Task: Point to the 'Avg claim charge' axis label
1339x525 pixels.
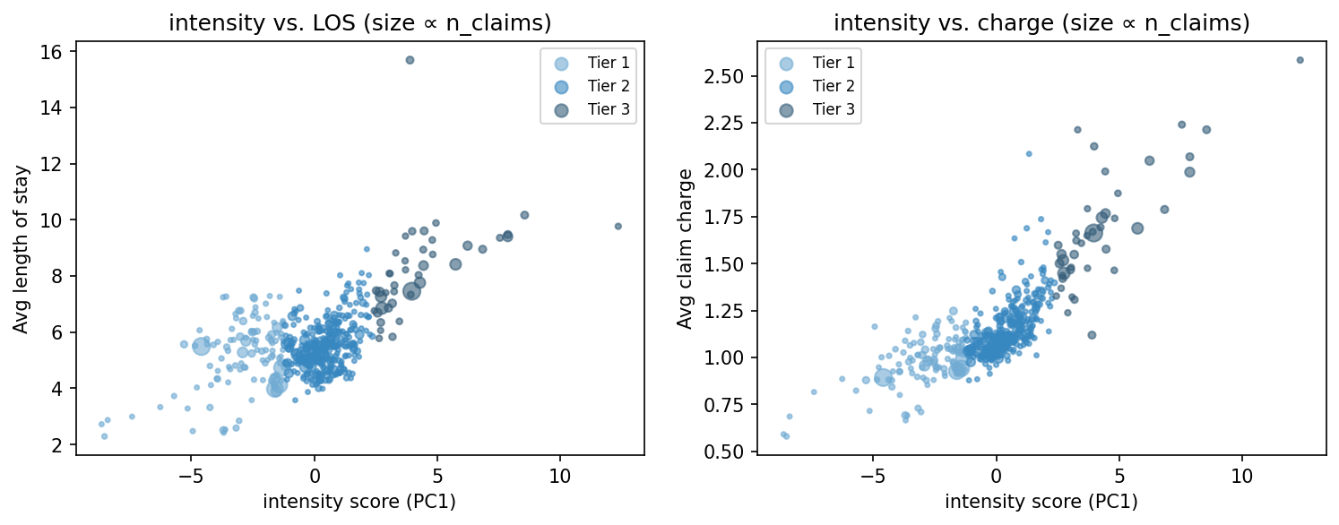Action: (685, 248)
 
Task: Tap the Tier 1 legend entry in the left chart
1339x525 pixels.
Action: (609, 63)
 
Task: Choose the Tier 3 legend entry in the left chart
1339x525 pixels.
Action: (609, 109)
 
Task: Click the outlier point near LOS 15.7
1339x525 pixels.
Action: (410, 60)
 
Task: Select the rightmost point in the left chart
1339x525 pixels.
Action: (618, 226)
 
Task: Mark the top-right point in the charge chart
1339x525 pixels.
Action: (1300, 60)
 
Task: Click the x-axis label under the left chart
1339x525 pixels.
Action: (359, 502)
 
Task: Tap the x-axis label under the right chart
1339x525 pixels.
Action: (1041, 502)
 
